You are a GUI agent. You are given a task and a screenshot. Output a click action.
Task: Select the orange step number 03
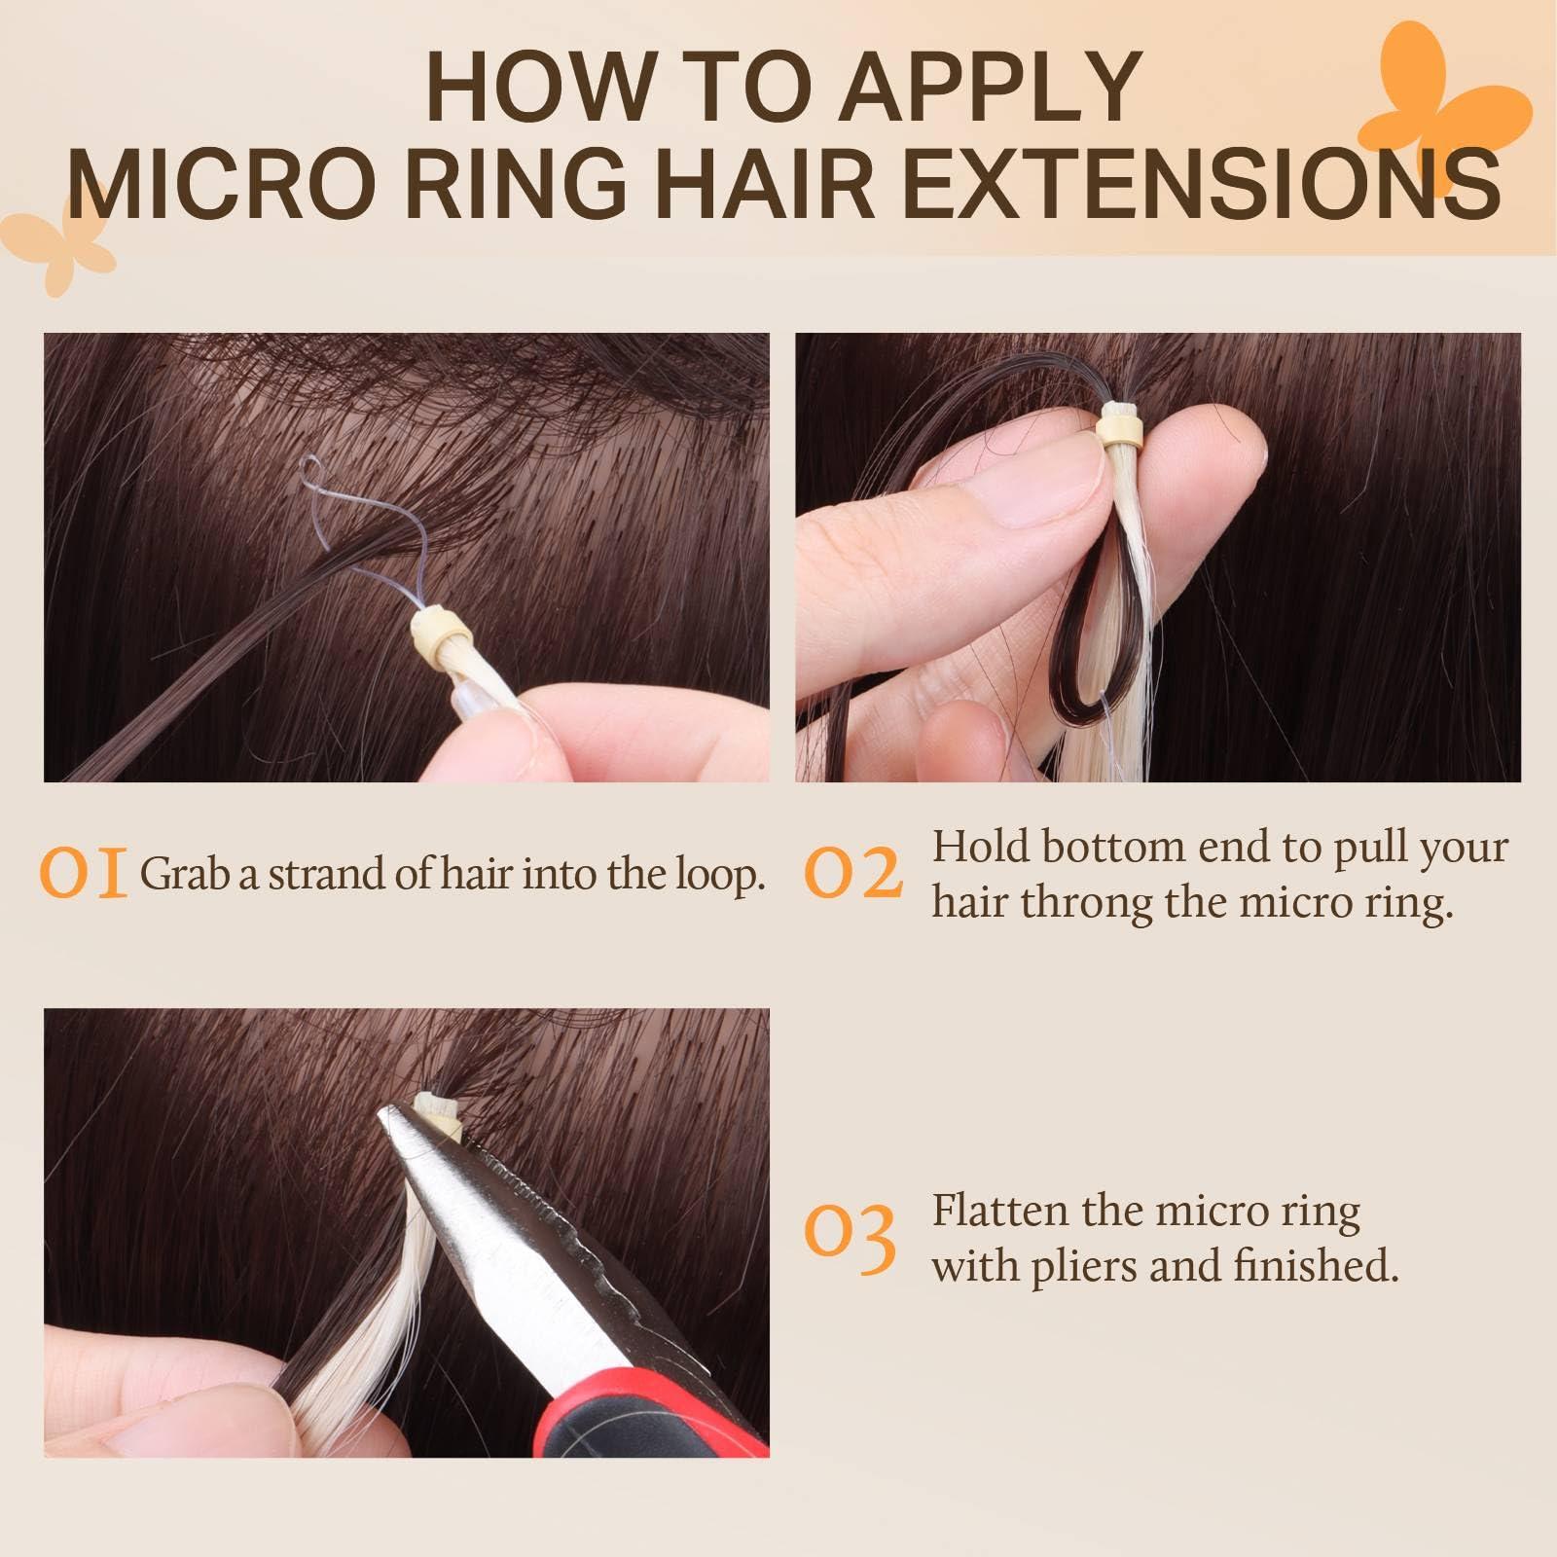click(x=850, y=1239)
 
